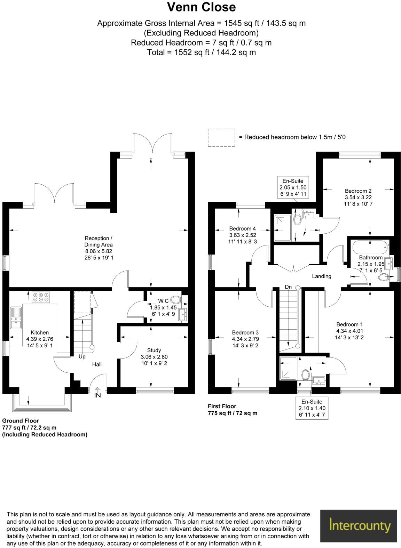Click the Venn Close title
coord(201,7)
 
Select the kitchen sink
coord(15,317)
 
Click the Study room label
coord(154,350)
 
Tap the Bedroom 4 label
coord(242,228)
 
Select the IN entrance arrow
coord(97,392)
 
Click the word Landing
coord(321,276)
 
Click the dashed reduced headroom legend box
coord(221,137)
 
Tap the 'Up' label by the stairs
coord(82,356)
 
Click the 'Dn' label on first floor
coord(288,287)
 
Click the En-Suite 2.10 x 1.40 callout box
coord(312,408)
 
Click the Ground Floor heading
coord(21,421)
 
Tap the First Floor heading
coord(222,406)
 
